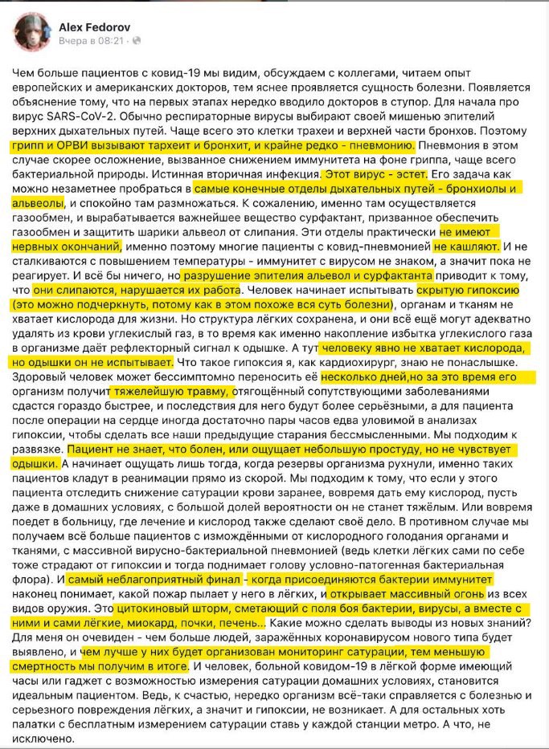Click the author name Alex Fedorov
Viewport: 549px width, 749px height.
click(91, 26)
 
